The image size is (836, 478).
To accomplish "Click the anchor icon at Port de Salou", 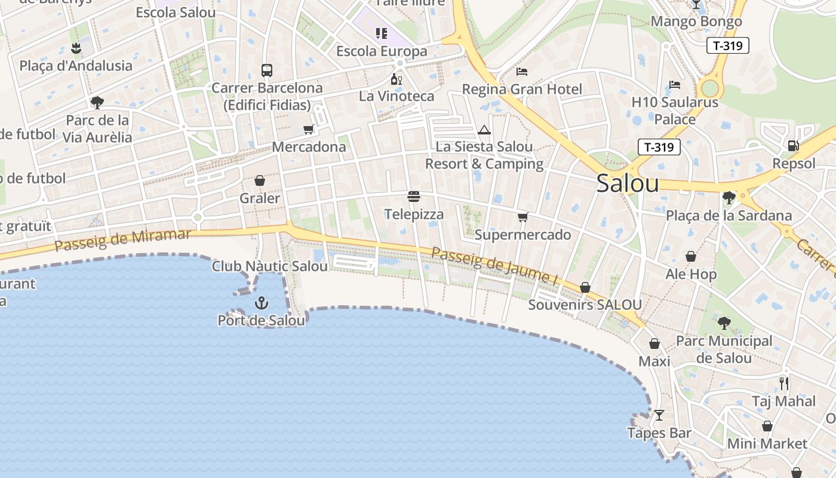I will tap(262, 303).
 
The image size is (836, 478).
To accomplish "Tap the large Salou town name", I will tap(628, 183).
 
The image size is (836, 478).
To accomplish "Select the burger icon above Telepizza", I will tap(414, 197).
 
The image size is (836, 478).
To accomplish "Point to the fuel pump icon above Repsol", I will tap(794, 145).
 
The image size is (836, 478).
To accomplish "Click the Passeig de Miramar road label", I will tap(122, 239).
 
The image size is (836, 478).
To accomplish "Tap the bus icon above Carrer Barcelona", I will tap(267, 71).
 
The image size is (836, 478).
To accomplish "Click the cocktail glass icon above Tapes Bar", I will tap(659, 415).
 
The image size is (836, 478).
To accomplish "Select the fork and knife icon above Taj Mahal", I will tap(784, 383).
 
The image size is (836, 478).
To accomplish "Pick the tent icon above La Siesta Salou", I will tap(484, 130).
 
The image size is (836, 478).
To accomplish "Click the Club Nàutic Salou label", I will tap(270, 266).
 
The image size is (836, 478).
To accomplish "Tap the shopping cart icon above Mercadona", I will tap(309, 129).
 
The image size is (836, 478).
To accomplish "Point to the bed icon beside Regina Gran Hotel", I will tap(522, 72).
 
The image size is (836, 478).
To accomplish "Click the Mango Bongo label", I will tap(696, 22).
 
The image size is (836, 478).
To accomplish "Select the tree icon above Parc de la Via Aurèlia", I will tap(97, 103).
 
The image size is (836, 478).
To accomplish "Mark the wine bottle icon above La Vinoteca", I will tap(396, 79).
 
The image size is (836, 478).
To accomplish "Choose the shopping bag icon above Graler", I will tap(260, 180).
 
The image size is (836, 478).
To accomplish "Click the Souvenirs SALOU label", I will tap(585, 305).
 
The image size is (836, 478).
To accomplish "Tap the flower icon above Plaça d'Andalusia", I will tap(76, 48).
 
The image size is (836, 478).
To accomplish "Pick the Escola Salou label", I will tap(176, 13).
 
